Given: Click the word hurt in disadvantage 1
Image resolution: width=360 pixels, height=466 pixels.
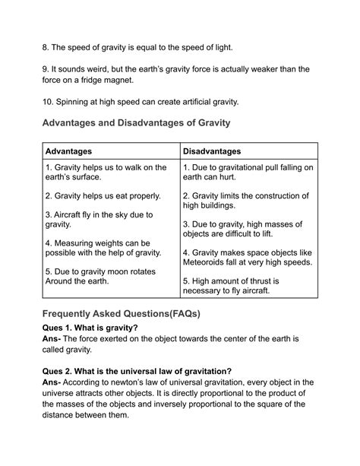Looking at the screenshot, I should click(251, 177).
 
